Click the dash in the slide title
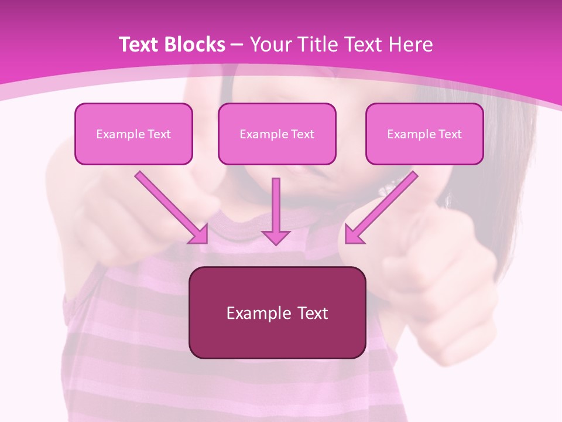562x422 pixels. pyautogui.click(x=237, y=45)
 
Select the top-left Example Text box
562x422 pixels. pyautogui.click(x=133, y=134)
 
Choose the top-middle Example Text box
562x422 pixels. pyautogui.click(x=277, y=134)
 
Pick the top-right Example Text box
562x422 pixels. pyautogui.click(x=424, y=134)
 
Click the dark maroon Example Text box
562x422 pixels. pyautogui.click(x=277, y=312)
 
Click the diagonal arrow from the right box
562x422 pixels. pyautogui.click(x=383, y=205)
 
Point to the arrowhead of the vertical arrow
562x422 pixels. pyautogui.click(x=276, y=237)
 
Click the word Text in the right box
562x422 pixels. pyautogui.click(x=450, y=134)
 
